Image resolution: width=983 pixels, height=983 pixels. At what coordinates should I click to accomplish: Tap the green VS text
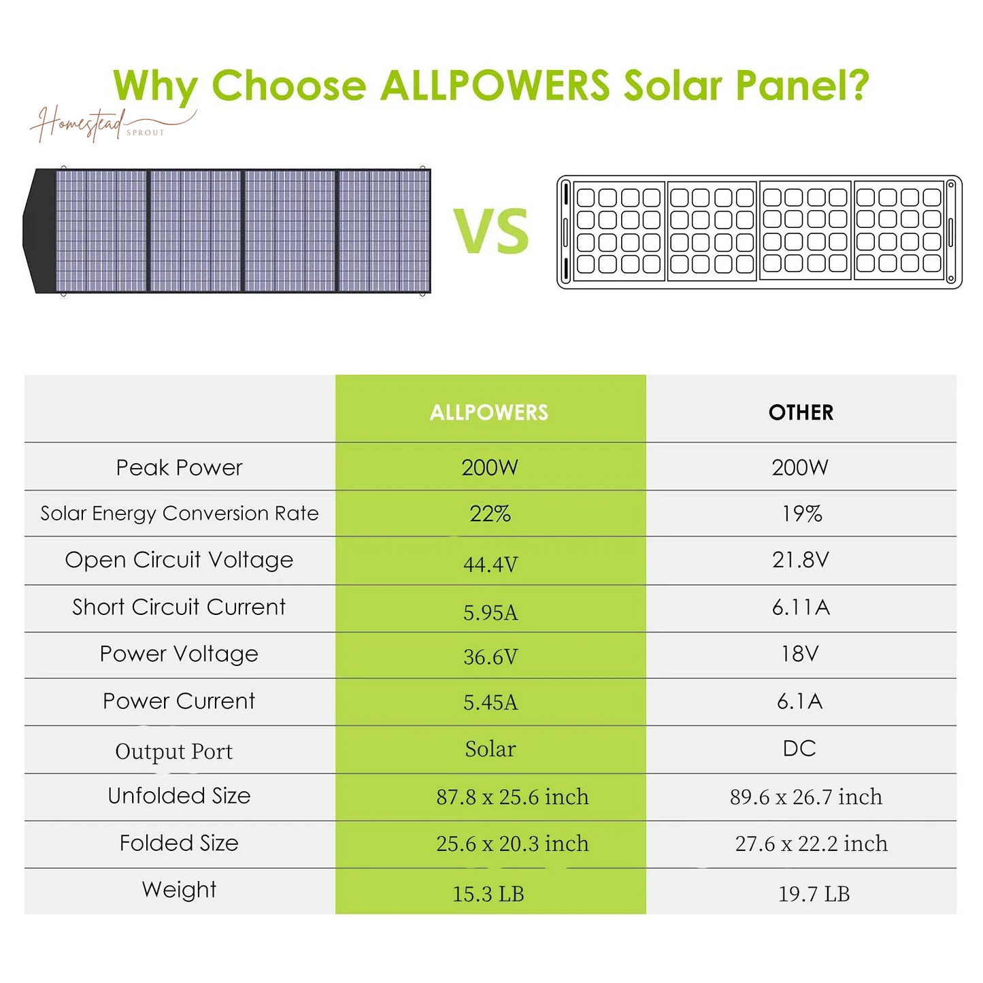click(x=491, y=232)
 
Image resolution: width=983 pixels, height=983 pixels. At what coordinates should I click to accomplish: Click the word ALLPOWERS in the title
click(x=495, y=86)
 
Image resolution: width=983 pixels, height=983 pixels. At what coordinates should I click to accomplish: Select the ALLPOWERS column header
click(x=489, y=412)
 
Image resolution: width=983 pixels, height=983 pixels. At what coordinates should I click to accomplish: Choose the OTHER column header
click(x=801, y=412)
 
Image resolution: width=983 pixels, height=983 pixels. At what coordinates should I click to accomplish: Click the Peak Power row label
click(x=179, y=467)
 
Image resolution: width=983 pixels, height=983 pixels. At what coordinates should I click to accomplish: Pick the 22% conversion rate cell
click(x=490, y=514)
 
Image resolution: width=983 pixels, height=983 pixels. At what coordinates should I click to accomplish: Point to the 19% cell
click(x=801, y=514)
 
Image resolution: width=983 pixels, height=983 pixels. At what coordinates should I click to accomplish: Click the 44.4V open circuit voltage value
click(x=490, y=564)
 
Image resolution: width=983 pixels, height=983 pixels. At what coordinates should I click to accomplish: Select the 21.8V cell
click(x=801, y=560)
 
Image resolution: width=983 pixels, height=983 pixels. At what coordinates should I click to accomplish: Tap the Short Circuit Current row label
click(x=179, y=607)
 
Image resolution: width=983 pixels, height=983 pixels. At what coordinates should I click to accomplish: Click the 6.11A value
click(x=801, y=607)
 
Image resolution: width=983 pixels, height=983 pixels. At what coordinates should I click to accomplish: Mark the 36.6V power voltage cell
click(x=490, y=656)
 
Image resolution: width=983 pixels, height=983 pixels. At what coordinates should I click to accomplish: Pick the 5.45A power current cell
click(x=490, y=702)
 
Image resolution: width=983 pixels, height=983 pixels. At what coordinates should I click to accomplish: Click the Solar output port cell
click(x=490, y=749)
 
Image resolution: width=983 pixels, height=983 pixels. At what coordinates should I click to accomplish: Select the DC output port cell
click(x=799, y=748)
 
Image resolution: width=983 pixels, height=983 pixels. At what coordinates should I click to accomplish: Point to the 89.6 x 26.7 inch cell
click(x=805, y=797)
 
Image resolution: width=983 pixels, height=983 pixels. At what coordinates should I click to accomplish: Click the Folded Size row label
click(x=179, y=843)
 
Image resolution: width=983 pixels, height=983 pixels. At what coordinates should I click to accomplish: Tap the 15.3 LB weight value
click(x=488, y=894)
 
